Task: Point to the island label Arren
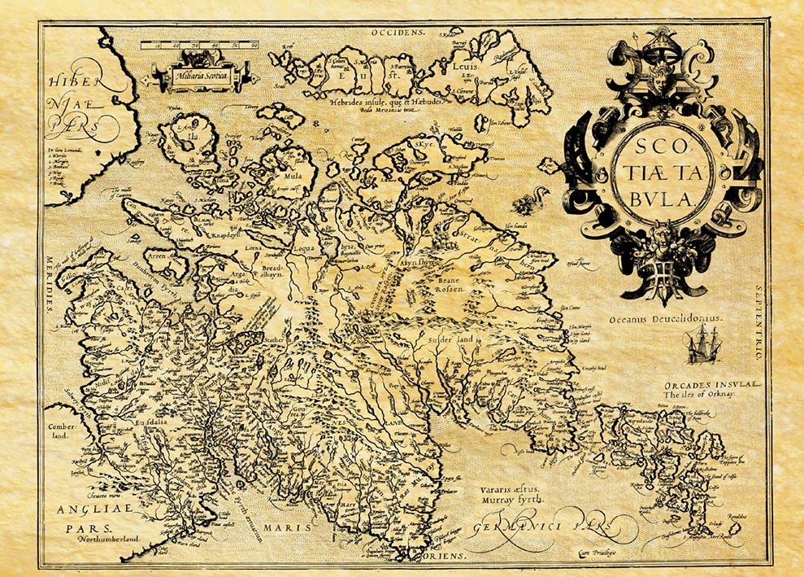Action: (157, 255)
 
